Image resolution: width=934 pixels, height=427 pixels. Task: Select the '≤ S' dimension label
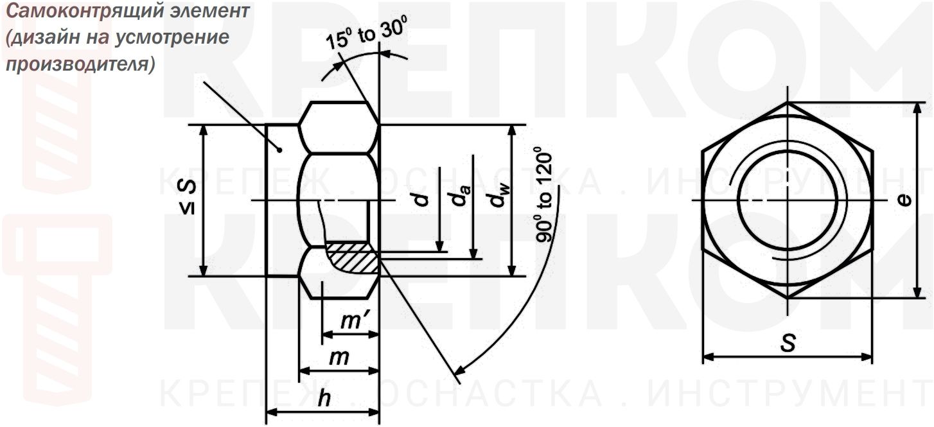pyautogui.click(x=187, y=197)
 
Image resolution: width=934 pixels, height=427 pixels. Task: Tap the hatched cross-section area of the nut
pyautogui.click(x=353, y=259)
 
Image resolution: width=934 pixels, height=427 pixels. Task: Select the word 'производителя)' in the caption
pyautogui.click(x=80, y=65)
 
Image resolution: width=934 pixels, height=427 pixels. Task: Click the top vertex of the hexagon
pyautogui.click(x=788, y=102)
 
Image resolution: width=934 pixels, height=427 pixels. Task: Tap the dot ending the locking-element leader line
pyautogui.click(x=280, y=150)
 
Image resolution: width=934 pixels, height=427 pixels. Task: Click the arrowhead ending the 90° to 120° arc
pyautogui.click(x=457, y=371)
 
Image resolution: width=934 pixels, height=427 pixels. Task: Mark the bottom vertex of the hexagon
pyautogui.click(x=788, y=299)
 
